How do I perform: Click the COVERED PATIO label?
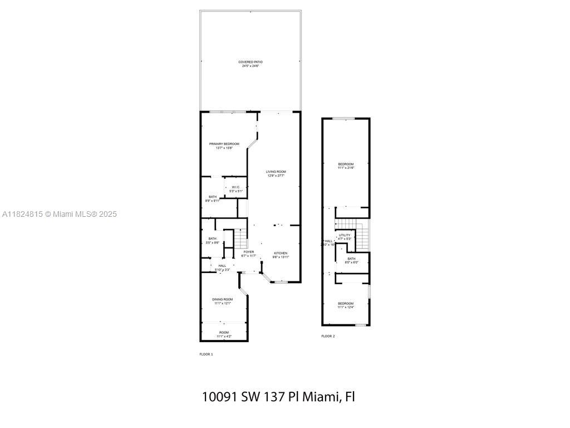click(250, 62)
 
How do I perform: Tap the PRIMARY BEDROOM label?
click(224, 144)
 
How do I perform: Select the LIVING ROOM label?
click(276, 172)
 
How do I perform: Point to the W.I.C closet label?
click(235, 187)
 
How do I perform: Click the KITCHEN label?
click(281, 253)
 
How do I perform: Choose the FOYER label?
click(249, 252)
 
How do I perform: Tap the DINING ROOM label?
click(222, 299)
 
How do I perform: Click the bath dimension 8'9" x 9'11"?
click(213, 201)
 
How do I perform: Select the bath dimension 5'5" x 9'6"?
click(212, 242)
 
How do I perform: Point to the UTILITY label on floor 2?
click(345, 235)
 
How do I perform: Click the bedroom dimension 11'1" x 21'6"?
click(346, 168)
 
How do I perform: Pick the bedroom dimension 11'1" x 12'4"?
click(346, 307)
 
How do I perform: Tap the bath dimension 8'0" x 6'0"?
click(351, 262)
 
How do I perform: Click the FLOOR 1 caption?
click(206, 354)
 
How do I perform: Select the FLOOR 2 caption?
click(328, 336)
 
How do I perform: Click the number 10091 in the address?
click(220, 397)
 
